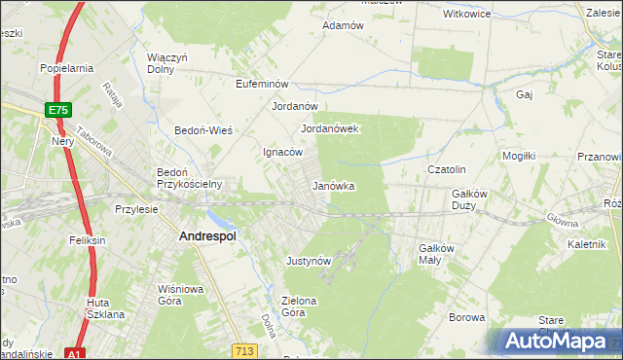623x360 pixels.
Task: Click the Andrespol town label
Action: click(x=211, y=235)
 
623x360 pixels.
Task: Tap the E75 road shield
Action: click(x=57, y=111)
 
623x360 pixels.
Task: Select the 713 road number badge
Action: click(x=245, y=349)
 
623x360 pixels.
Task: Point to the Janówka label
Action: click(x=333, y=185)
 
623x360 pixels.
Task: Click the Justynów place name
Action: click(x=310, y=261)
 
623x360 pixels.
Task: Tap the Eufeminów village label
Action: click(x=264, y=85)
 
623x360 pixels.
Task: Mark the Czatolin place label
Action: click(x=448, y=169)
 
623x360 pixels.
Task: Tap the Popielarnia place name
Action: click(x=66, y=68)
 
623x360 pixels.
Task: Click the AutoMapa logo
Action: click(x=559, y=341)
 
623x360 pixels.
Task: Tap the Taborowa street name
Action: click(x=95, y=148)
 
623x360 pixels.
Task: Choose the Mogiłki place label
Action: click(x=519, y=156)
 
